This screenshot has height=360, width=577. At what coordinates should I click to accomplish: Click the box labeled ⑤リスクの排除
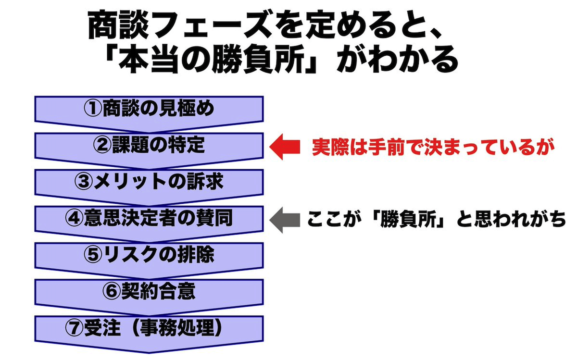[x=149, y=255]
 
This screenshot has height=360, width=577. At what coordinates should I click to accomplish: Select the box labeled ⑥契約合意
[x=149, y=292]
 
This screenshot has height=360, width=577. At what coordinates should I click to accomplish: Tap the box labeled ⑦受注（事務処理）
[x=149, y=328]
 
